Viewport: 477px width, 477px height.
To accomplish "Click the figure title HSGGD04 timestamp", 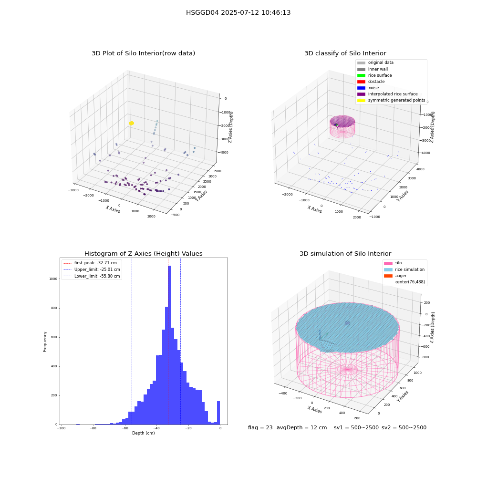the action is (238, 12).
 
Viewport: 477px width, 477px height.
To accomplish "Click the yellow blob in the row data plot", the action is (132, 123).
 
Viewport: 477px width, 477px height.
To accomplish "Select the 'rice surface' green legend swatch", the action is (361, 75).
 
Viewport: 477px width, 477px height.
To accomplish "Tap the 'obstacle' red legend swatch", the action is (361, 82).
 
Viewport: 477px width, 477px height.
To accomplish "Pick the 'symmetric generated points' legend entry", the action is (391, 100).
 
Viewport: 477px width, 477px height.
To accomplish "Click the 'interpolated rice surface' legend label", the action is (393, 94).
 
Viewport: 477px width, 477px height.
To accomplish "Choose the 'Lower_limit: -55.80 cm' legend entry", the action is (92, 276).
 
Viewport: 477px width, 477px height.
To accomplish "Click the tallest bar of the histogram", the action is (169, 345).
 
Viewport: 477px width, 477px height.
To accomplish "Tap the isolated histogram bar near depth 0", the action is (218, 413).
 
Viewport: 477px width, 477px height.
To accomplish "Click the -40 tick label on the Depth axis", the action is (156, 428).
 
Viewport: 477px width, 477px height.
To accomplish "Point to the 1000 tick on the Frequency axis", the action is (53, 279).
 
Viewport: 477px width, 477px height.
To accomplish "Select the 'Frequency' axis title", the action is (45, 342).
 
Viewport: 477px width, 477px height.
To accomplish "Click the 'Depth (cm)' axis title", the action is (143, 433).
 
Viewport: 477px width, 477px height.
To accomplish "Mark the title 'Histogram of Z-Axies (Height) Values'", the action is (143, 253).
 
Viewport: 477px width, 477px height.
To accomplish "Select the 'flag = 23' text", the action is (260, 427).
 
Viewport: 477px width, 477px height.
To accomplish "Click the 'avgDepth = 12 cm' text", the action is (301, 427).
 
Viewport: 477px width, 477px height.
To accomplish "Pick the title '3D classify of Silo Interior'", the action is (345, 53).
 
